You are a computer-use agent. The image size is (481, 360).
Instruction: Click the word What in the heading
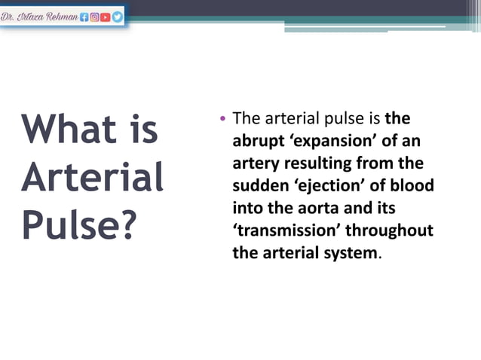point(68,130)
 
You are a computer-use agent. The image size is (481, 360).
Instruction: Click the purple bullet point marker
point(222,121)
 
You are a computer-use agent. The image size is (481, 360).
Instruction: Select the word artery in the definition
point(256,163)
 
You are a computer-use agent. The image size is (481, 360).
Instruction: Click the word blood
point(412,185)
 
